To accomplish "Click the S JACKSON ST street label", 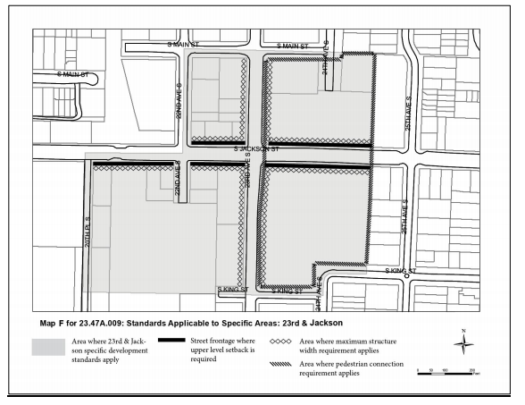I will tap(257, 149).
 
